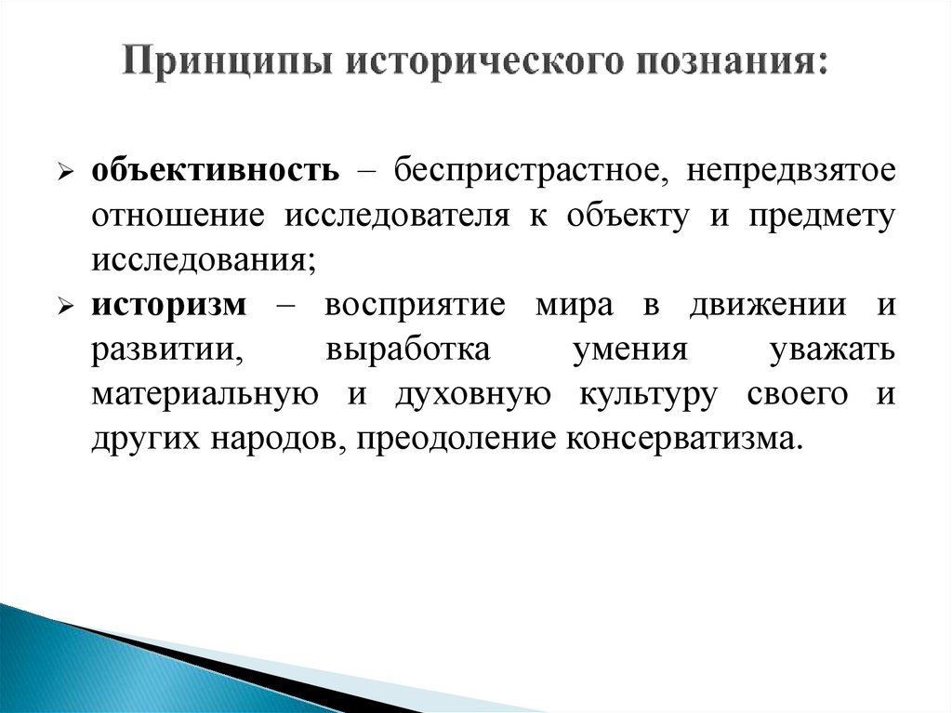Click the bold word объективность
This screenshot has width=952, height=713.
[x=214, y=172]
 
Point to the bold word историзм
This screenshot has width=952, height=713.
[x=170, y=305]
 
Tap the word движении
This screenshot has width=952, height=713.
[x=763, y=305]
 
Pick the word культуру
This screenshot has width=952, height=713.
[x=648, y=394]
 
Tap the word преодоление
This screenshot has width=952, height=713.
[x=450, y=438]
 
